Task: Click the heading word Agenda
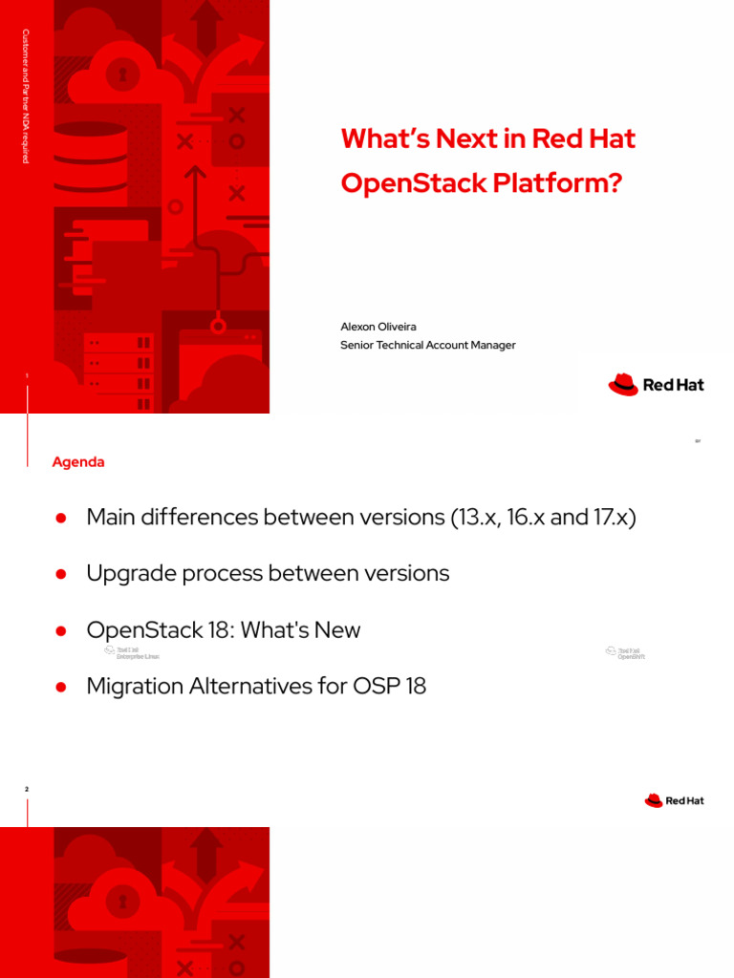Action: tap(78, 462)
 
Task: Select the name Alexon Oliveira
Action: tap(378, 327)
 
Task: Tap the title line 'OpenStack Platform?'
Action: tap(481, 183)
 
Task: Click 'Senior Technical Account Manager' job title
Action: tap(427, 345)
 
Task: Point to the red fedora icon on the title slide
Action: tap(622, 384)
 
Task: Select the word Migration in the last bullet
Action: tap(131, 686)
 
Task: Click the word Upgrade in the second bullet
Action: tap(125, 573)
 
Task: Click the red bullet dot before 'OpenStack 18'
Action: tap(60, 630)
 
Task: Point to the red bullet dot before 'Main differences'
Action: tap(60, 518)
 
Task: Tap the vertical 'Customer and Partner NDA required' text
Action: tap(26, 95)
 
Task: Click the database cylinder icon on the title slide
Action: tap(90, 159)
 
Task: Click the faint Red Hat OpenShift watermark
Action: tap(625, 653)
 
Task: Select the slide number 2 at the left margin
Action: tap(27, 789)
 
